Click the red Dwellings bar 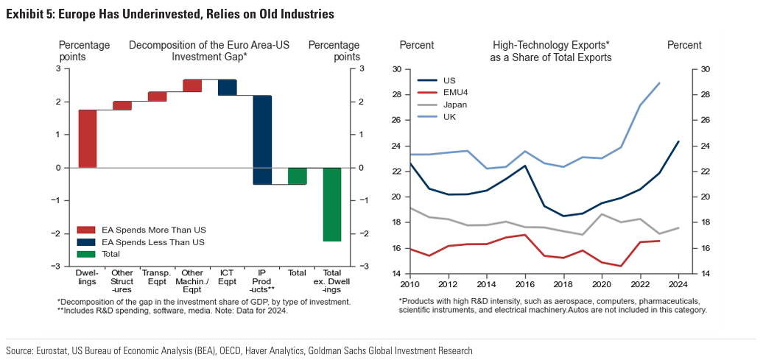[88, 138]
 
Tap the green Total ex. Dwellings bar [332, 204]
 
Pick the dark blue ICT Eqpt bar [227, 88]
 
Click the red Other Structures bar [122, 106]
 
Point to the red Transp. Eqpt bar [157, 96]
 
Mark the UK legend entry [450, 117]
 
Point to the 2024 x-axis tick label [679, 284]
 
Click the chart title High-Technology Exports [551, 45]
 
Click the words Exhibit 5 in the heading [30, 14]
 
